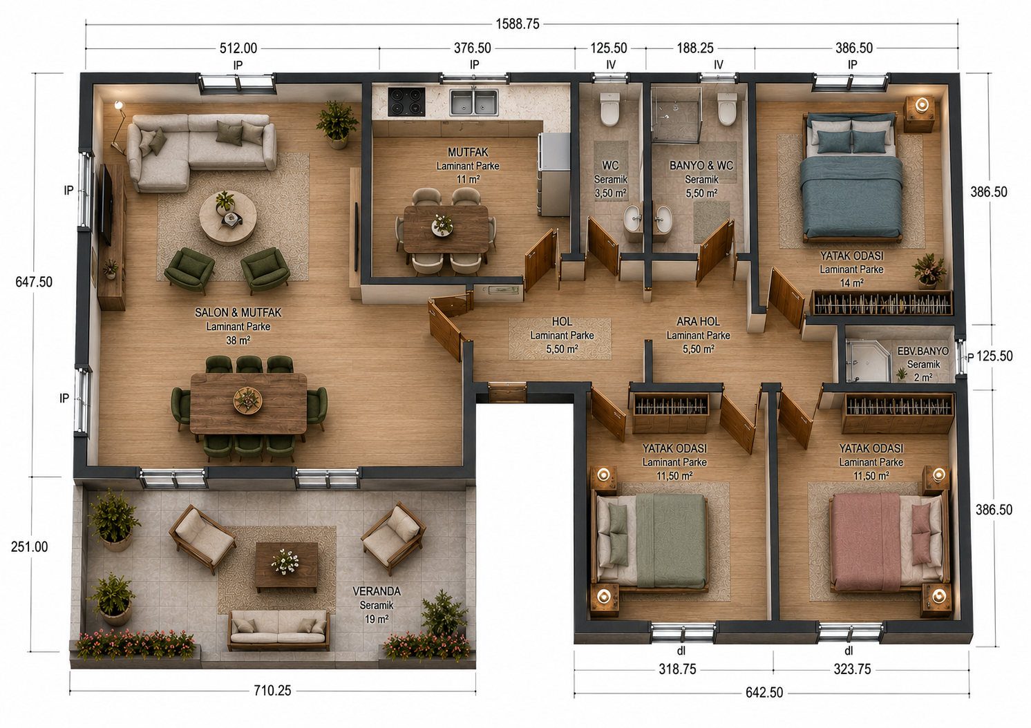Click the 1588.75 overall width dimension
coord(518,24)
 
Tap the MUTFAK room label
coord(468,153)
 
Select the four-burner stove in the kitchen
coord(406,102)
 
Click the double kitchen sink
coord(473,102)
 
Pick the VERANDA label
coord(377,591)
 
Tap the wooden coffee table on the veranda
coord(286,566)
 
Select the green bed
coord(652,542)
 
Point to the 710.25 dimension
coord(272,691)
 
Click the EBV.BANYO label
coord(923,351)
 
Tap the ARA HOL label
coord(698,321)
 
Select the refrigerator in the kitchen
coord(554,175)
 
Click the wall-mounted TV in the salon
coord(106,204)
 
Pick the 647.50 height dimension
coord(34,282)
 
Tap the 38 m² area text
coord(238,341)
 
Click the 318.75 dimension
coord(677,669)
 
